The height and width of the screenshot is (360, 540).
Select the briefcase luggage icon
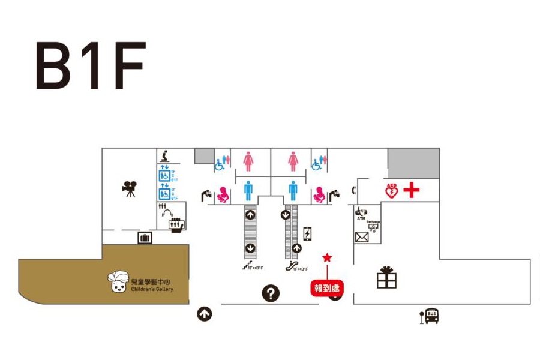click(145, 238)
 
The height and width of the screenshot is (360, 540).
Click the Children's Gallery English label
click(152, 290)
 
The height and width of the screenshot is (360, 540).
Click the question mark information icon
click(271, 293)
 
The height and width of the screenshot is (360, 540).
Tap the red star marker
click(327, 257)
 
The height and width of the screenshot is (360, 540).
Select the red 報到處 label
click(327, 288)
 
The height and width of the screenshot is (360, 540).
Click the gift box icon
click(386, 277)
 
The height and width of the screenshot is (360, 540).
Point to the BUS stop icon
click(430, 316)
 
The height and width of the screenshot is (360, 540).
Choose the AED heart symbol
click(392, 191)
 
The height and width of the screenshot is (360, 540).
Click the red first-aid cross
click(412, 191)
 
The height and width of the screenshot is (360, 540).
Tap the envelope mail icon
click(362, 237)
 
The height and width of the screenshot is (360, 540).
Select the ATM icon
click(361, 213)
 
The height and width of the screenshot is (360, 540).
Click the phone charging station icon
click(308, 234)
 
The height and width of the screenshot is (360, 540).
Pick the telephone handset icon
click(354, 191)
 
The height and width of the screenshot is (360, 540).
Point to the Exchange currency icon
click(373, 226)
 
